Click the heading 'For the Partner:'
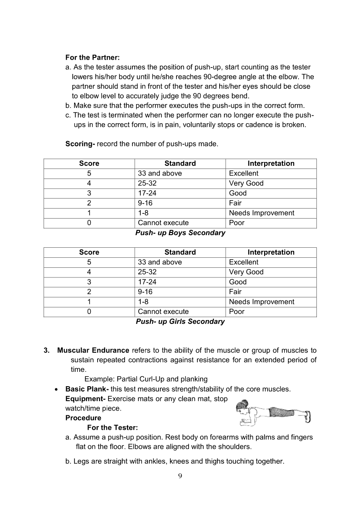point(92,57)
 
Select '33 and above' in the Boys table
point(160,173)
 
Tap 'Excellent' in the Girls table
point(244,262)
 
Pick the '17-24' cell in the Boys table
point(147,193)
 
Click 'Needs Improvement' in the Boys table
point(262,213)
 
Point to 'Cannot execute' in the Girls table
point(163,311)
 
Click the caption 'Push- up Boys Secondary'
point(180,233)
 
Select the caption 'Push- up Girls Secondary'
point(180,321)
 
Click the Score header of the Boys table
point(89,163)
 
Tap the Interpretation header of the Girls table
point(271,252)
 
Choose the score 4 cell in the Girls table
point(89,272)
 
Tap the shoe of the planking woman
point(308,416)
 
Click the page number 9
point(180,475)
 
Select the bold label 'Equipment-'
point(85,399)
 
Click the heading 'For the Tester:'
point(112,428)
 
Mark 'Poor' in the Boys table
point(237,222)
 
